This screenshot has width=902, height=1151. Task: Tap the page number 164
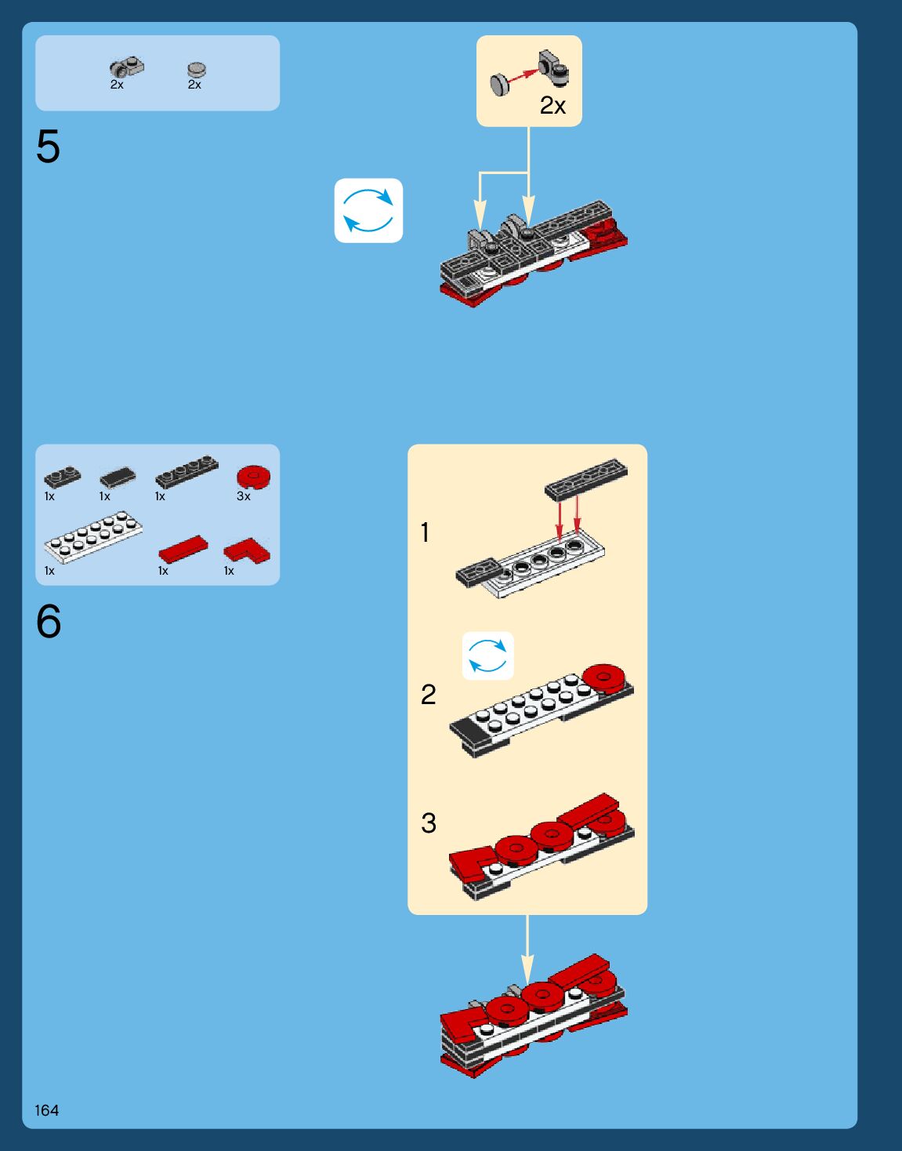[x=46, y=1110]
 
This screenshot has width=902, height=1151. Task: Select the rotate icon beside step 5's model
[x=368, y=210]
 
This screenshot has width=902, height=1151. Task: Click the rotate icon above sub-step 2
[x=487, y=655]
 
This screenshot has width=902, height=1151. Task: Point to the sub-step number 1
[x=425, y=532]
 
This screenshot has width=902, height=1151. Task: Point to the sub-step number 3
[x=428, y=822]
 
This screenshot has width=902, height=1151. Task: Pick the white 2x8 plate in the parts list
[x=93, y=536]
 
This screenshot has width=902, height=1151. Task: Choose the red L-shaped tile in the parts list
[x=247, y=551]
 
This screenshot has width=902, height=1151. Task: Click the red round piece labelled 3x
[x=254, y=477]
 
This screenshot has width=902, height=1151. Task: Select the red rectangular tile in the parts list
[x=183, y=549]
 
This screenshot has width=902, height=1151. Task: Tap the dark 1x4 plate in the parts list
[x=187, y=471]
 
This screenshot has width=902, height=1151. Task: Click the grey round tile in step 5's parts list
[x=197, y=69]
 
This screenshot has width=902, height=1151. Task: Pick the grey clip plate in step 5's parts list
[x=126, y=66]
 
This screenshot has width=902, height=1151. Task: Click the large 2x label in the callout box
[x=552, y=105]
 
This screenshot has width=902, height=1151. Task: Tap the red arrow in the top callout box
[x=523, y=76]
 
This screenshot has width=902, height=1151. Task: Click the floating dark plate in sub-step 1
[x=586, y=479]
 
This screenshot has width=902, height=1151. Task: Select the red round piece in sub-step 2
[x=603, y=677]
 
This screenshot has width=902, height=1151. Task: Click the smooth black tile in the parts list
[x=118, y=477]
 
